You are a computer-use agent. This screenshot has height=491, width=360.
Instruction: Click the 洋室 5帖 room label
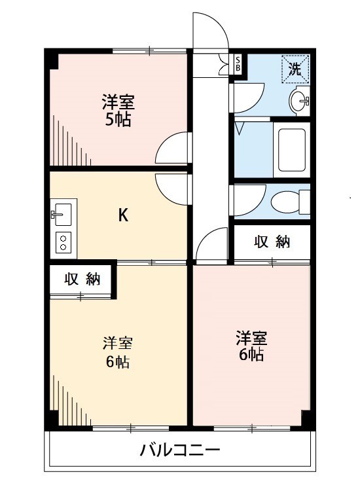tap(118, 111)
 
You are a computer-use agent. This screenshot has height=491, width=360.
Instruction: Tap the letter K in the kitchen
tap(122, 215)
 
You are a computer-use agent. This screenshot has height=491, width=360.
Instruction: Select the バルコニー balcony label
tap(179, 450)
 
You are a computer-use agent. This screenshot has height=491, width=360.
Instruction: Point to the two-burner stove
tap(63, 243)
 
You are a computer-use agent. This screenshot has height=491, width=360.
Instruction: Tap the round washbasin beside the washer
tap(300, 101)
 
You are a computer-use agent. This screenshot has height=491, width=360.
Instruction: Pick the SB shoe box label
tap(238, 64)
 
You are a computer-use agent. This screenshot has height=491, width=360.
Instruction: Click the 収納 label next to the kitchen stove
tap(82, 279)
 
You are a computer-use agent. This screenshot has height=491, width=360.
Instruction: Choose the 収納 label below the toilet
tap(272, 242)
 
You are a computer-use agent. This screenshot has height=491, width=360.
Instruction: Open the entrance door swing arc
tap(211, 29)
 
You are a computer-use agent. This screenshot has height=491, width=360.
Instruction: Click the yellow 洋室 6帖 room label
tap(118, 352)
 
